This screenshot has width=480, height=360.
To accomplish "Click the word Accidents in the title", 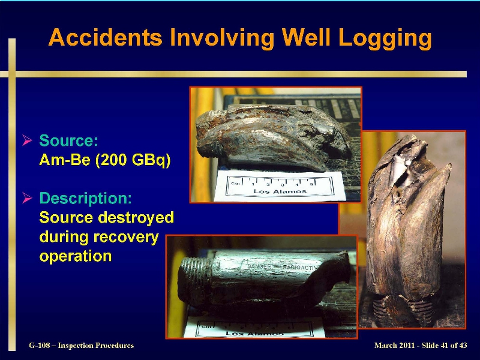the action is pyautogui.click(x=105, y=37).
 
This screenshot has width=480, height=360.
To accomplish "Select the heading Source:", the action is pyautogui.click(x=68, y=140).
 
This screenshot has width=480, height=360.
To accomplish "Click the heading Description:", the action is pyautogui.click(x=85, y=199).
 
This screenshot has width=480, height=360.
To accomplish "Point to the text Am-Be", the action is pyautogui.click(x=65, y=160).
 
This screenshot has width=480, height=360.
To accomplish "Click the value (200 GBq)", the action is pyautogui.click(x=133, y=160).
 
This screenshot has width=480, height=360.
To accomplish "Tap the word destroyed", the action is pyautogui.click(x=136, y=217).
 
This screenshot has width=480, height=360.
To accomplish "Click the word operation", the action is pyautogui.click(x=76, y=257).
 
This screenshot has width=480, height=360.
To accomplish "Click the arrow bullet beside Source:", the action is pyautogui.click(x=27, y=140).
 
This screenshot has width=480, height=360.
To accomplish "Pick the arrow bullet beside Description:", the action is pyautogui.click(x=27, y=199).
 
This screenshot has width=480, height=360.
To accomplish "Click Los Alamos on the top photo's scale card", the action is pyautogui.click(x=280, y=191).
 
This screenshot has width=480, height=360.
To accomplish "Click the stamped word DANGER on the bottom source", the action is pyautogui.click(x=259, y=266).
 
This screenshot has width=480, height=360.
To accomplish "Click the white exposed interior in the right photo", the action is pyautogui.click(x=399, y=170).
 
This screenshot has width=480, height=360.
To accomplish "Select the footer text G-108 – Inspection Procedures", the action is pyautogui.click(x=82, y=346).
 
